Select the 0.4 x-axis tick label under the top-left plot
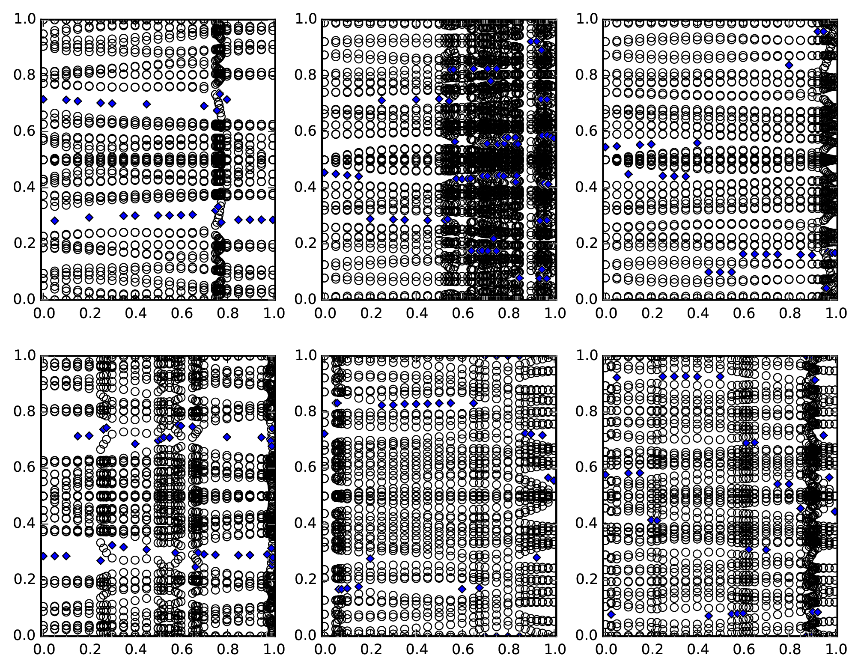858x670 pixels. (134, 313)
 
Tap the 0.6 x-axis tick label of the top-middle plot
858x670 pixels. (462, 313)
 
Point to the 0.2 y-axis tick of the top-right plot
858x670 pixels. (603, 243)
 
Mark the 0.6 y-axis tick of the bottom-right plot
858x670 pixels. (603, 467)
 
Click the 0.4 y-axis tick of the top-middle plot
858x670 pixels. (322, 187)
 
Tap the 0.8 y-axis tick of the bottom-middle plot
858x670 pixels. (322, 411)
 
